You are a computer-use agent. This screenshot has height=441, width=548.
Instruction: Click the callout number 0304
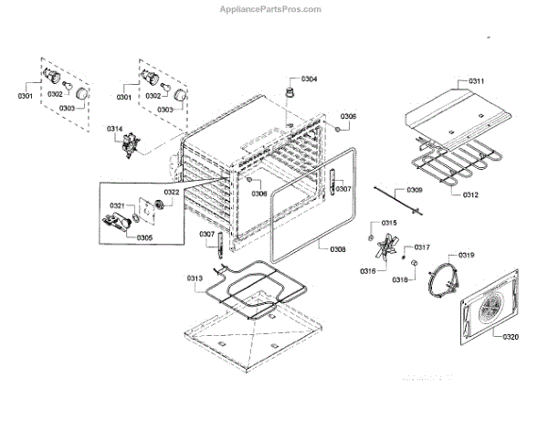pos(309,79)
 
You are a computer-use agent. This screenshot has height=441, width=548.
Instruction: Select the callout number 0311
pos(477,81)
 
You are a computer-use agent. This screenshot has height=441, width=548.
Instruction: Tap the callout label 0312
pos(470,194)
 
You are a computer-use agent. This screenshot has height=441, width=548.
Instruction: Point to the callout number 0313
pos(195,278)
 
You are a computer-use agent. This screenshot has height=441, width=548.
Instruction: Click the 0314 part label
pos(114,128)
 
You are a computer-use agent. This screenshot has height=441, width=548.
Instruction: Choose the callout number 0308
pos(338,249)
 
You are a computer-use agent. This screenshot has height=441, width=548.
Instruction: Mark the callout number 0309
pos(415,190)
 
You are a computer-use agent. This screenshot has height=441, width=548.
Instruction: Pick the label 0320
pos(511,337)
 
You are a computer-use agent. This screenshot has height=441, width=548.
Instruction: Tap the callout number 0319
pos(466,255)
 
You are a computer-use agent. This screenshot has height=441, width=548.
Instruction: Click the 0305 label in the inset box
pos(144,237)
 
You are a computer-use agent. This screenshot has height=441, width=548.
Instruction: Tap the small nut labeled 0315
pos(373,226)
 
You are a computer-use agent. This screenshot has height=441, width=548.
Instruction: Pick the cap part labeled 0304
pos(291,92)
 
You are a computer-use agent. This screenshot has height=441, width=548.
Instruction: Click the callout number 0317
pos(422,247)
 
